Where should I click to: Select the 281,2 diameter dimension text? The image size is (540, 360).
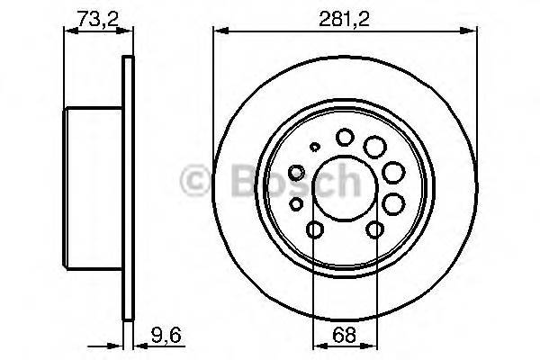tap(344, 16)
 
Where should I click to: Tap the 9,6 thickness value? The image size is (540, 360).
tap(157, 339)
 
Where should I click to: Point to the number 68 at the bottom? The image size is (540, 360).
tap(343, 339)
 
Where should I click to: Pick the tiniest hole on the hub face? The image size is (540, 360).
tap(313, 147)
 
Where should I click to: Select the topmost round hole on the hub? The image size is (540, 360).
tap(344, 137)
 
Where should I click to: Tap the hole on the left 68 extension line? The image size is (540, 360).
tap(313, 231)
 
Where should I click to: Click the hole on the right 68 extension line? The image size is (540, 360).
tap(373, 231)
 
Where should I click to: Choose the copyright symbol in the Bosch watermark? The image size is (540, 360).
tap(192, 180)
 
